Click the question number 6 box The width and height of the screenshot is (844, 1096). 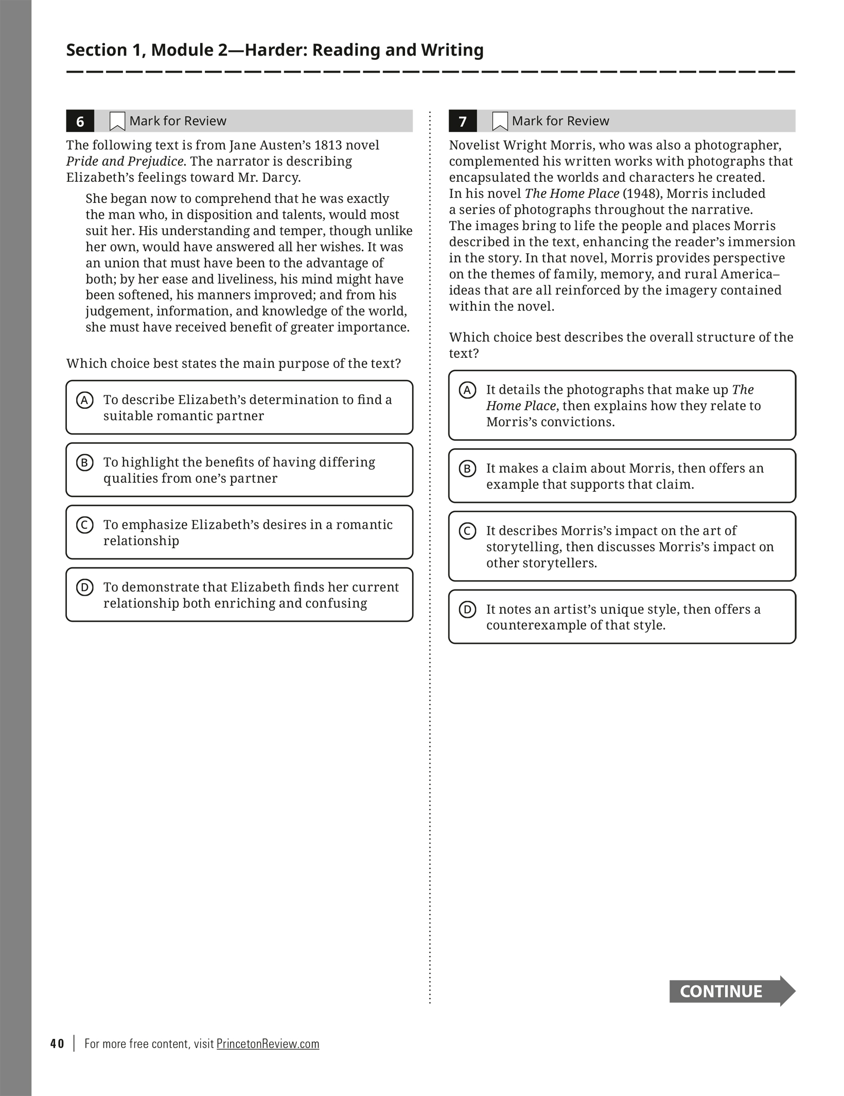[x=80, y=121]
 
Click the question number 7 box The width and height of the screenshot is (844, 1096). [x=462, y=121]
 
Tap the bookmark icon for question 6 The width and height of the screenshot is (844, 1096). [x=117, y=121]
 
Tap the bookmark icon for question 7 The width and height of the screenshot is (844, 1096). [x=500, y=121]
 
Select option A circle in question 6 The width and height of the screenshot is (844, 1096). [x=84, y=400]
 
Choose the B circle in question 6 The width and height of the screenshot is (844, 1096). [x=84, y=462]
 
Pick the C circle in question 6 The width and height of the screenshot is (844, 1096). [x=84, y=525]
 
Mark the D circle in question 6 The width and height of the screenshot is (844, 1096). [x=84, y=587]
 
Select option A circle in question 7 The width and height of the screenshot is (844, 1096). [x=467, y=390]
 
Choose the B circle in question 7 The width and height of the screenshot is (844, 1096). [x=467, y=468]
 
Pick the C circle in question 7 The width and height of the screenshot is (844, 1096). [x=467, y=531]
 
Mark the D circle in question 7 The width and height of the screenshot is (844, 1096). [x=467, y=610]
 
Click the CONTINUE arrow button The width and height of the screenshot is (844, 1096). [x=731, y=991]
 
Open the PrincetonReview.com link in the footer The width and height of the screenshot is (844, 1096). [x=268, y=1043]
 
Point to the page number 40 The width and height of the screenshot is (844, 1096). [x=57, y=1043]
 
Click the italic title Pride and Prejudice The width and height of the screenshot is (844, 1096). [x=125, y=162]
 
